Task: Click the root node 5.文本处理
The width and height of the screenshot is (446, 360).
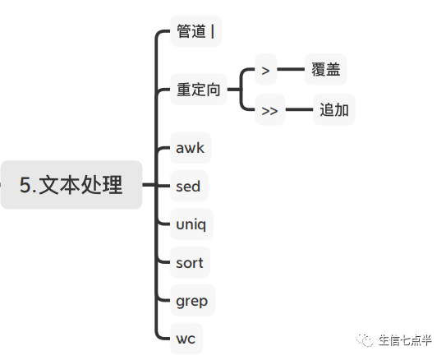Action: pos(71,185)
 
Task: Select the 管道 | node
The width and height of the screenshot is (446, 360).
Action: pos(195,32)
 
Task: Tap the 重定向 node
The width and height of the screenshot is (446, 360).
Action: pos(200,90)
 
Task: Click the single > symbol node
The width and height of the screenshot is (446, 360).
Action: pos(265,70)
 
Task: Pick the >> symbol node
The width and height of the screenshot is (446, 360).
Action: pos(269,111)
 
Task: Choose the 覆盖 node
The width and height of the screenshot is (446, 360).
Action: pos(325,70)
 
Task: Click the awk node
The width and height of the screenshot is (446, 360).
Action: pos(190,149)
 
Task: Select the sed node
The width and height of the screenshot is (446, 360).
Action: pos(188,187)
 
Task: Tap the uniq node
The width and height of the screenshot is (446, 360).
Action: pos(191,224)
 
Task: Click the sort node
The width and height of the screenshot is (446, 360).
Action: pos(189,263)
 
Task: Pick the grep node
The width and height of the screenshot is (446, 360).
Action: pos(191,301)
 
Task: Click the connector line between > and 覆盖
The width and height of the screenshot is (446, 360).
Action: pos(291,70)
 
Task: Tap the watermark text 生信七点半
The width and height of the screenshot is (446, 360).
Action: pos(404,340)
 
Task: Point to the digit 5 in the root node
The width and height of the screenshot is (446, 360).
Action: pos(25,186)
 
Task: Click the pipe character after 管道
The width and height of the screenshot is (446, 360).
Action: pos(212,32)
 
